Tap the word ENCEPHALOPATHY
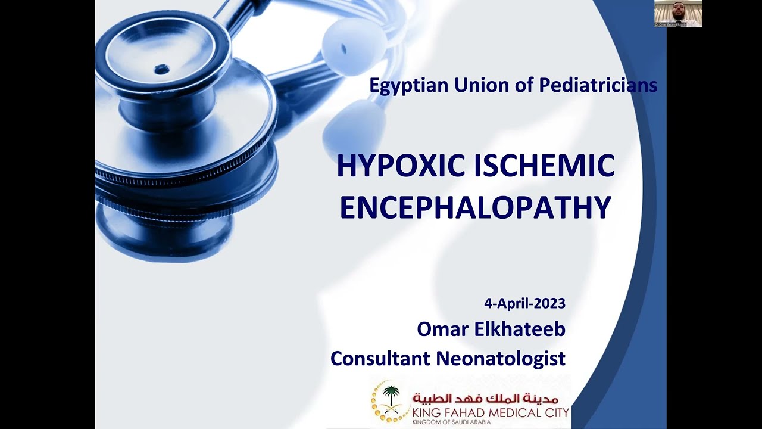(476, 207)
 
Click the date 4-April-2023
(524, 303)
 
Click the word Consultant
(380, 359)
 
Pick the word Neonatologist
(501, 359)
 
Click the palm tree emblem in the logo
(391, 398)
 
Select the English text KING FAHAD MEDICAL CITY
(491, 412)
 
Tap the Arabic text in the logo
(486, 397)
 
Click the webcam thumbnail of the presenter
(678, 13)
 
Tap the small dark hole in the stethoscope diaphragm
(161, 70)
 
